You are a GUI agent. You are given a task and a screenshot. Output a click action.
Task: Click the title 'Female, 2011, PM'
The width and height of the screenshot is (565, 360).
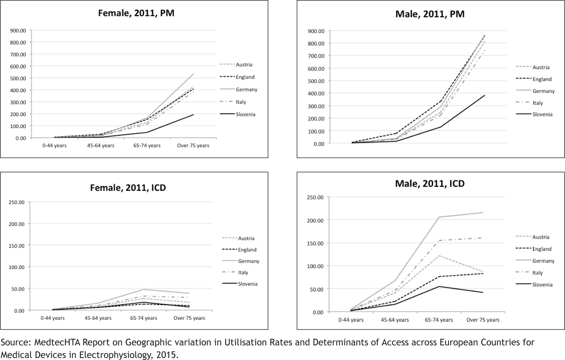136,13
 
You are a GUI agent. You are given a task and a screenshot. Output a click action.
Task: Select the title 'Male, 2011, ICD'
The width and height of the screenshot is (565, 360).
430,183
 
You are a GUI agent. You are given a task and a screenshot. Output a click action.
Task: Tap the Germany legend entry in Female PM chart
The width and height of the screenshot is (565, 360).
246,89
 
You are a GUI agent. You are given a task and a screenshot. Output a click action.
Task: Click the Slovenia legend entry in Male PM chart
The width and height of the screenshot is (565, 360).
542,114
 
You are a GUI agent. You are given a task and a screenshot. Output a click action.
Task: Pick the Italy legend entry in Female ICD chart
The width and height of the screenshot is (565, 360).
243,272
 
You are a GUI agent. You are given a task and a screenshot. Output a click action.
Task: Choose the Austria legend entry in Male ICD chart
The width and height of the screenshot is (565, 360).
541,237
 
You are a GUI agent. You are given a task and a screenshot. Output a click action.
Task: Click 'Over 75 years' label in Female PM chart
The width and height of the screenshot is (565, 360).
193,145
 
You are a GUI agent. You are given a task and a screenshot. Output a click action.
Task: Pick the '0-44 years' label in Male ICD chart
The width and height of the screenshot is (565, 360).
351,320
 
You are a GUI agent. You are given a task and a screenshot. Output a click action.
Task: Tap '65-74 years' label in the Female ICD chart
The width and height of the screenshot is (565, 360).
143,318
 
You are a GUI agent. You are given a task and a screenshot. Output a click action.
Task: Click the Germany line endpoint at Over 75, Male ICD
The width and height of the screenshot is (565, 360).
483,212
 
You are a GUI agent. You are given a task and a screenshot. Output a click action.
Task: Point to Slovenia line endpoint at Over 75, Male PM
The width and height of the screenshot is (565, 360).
485,96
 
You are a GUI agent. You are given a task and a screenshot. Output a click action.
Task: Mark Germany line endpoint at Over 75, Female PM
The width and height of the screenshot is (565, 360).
193,74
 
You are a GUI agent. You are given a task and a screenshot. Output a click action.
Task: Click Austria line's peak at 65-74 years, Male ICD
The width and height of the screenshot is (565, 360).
439,256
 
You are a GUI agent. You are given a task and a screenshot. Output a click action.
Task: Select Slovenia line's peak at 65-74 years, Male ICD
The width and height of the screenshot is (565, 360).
439,286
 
